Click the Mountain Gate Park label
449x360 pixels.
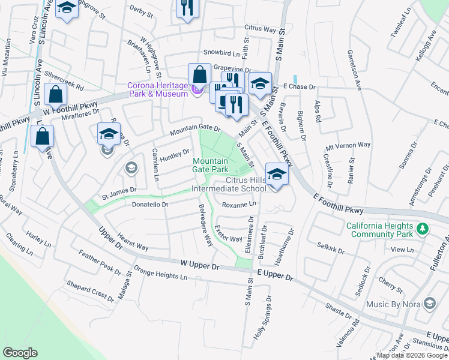click(x=210, y=165)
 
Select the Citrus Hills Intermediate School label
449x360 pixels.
click(x=228, y=184)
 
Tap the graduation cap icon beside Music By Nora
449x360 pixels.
click(x=429, y=304)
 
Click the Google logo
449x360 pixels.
click(x=20, y=353)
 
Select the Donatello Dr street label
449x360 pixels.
click(x=149, y=205)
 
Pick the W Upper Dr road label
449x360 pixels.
click(x=203, y=264)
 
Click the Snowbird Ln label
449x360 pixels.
click(x=221, y=53)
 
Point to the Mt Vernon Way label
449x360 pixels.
click(x=348, y=146)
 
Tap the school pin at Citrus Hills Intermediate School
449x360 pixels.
click(x=276, y=175)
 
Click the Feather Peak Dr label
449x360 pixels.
click(x=100, y=264)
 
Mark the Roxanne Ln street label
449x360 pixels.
click(x=239, y=205)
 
